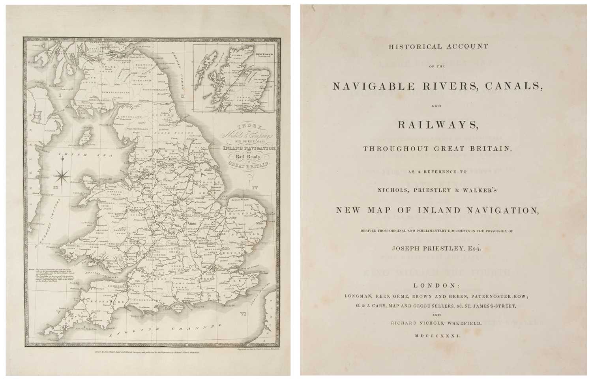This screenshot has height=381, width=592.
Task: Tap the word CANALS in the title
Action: [x=508, y=86]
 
